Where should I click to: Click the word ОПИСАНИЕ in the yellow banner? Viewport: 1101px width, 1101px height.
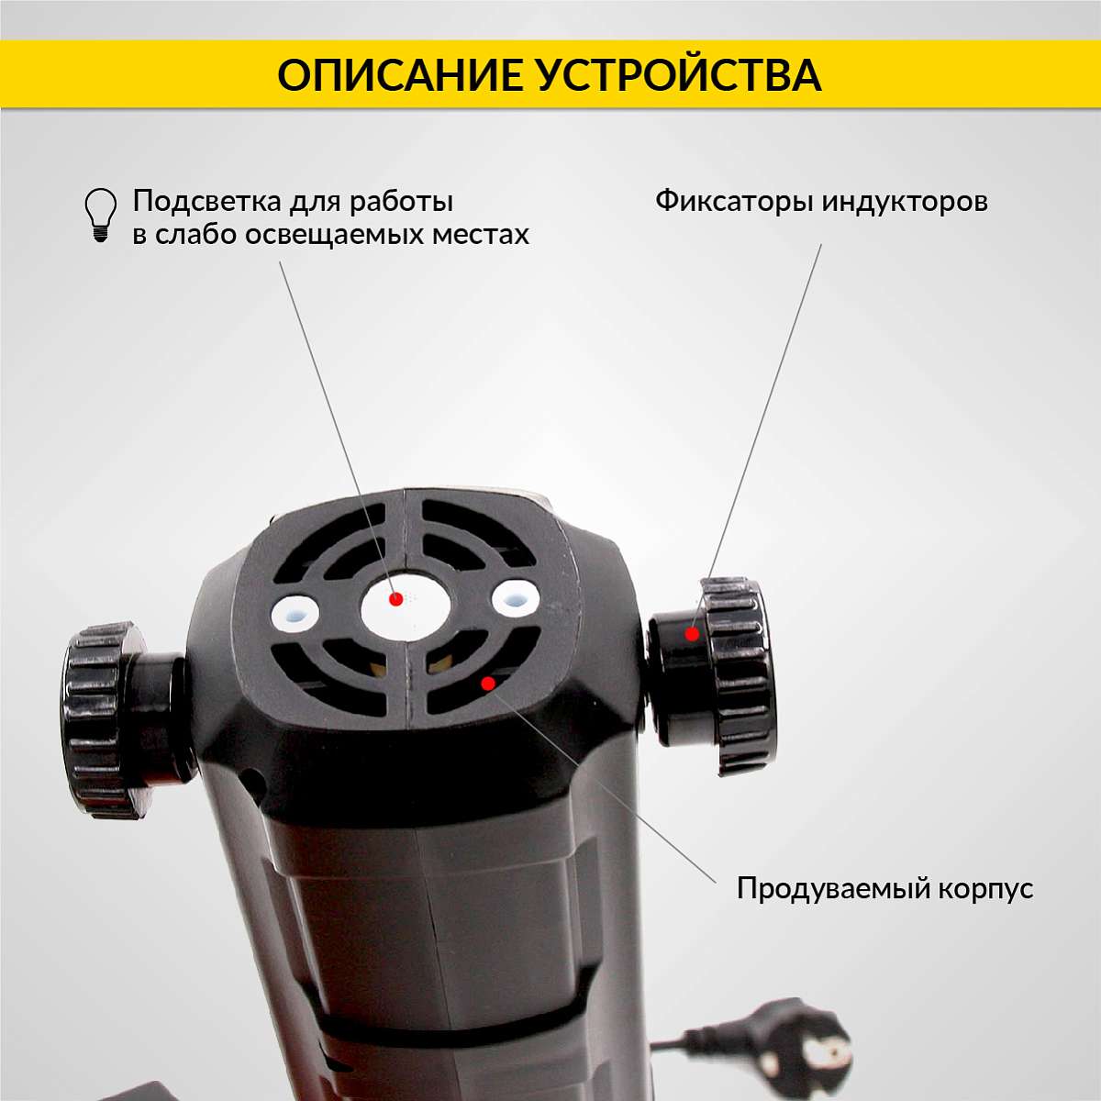400,75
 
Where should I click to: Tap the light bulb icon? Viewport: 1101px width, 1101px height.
101,216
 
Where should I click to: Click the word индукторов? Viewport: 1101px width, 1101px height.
905,202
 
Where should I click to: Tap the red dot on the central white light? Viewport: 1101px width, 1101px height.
395,599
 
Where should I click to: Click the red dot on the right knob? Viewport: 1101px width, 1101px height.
693,634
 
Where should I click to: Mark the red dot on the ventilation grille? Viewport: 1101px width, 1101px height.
488,684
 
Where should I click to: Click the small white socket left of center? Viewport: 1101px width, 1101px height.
295,613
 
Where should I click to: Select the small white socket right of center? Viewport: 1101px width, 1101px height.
516,598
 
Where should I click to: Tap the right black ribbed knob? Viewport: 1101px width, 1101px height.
714,676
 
